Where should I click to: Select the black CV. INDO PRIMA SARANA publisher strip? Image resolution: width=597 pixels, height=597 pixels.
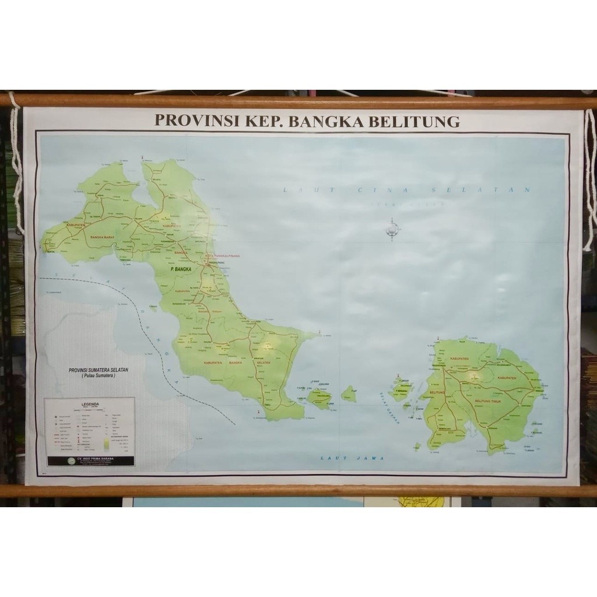(x=90, y=460)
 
